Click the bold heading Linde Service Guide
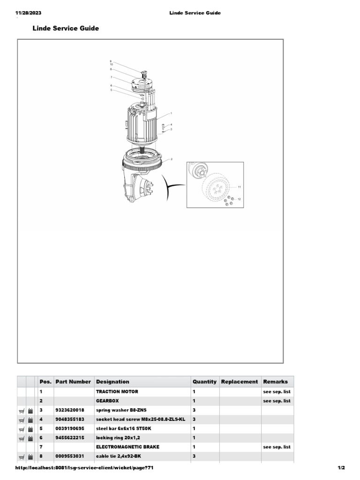(66, 29)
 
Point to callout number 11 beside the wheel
(239, 187)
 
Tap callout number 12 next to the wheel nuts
(239, 200)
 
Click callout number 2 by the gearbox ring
(172, 159)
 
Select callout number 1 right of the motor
(171, 113)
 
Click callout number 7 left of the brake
(111, 77)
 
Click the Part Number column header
(73, 382)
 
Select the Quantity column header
(204, 382)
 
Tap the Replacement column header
(240, 382)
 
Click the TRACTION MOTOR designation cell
(117, 391)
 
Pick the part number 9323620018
(70, 410)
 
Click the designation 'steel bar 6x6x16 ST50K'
(123, 428)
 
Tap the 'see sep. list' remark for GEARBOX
(277, 401)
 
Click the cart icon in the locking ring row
(22, 438)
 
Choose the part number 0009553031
(70, 456)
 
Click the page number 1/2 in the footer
(341, 468)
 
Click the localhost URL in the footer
(85, 468)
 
